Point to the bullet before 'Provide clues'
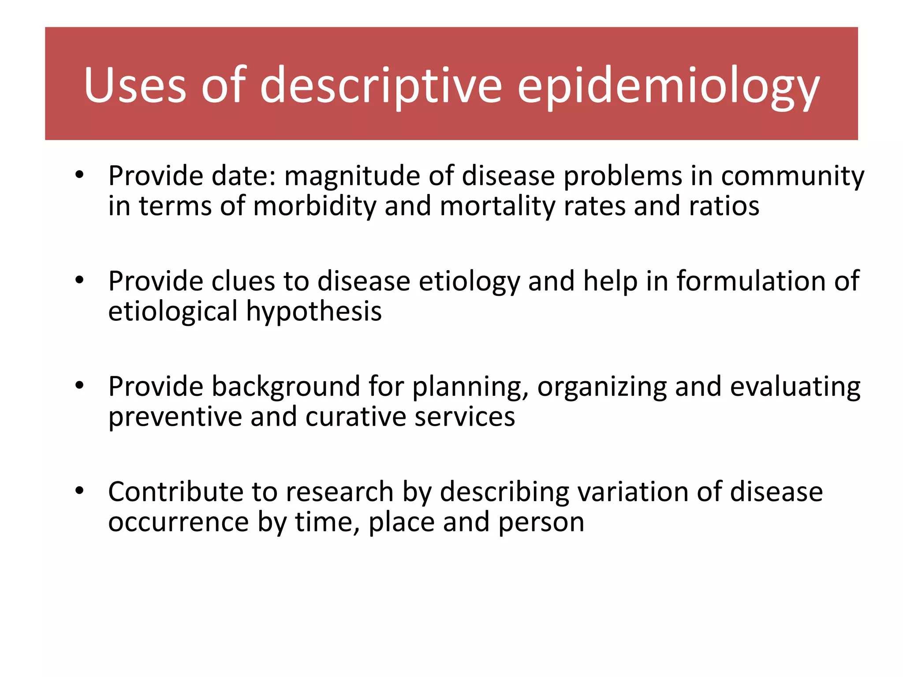pyautogui.click(x=79, y=280)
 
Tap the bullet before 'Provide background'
pyautogui.click(x=79, y=386)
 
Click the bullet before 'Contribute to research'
pyautogui.click(x=79, y=491)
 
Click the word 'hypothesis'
pyautogui.click(x=313, y=312)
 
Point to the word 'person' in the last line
pyautogui.click(x=541, y=523)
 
